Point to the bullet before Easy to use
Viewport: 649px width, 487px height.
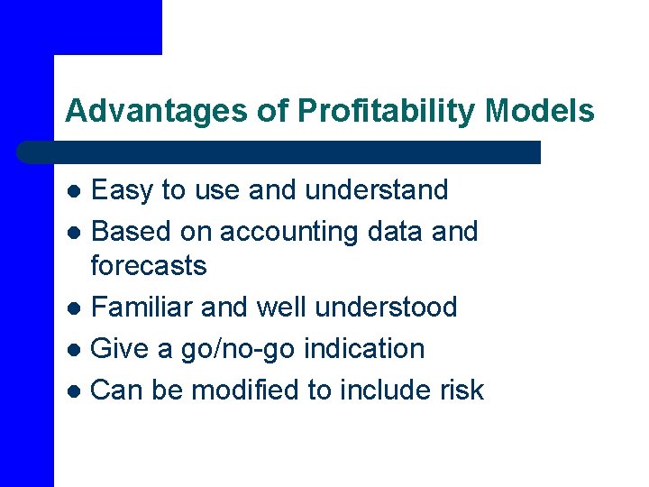(76, 191)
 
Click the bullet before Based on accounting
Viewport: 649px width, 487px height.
(76, 233)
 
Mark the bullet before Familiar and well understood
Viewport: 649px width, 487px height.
(76, 308)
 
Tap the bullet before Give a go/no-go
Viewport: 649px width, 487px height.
(76, 350)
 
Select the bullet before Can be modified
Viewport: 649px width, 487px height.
(76, 391)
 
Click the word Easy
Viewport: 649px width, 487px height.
(123, 190)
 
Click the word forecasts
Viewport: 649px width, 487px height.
(149, 266)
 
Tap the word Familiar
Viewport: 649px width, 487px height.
(142, 308)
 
